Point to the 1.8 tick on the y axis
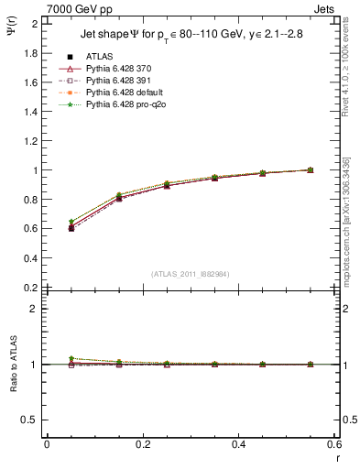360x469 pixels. pyautogui.click(x=30, y=53)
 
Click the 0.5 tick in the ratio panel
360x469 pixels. pyautogui.click(x=30, y=420)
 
